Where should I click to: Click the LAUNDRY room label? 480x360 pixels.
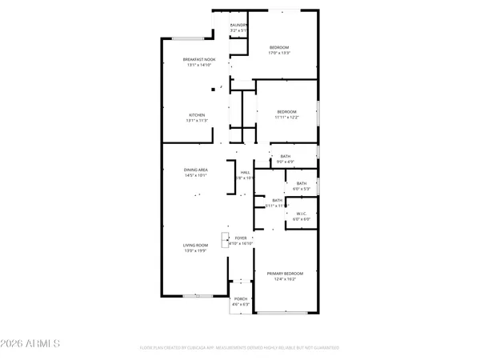coord(238,26)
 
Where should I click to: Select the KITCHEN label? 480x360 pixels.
coord(196,114)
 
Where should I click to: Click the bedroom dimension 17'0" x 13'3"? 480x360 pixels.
coord(279,54)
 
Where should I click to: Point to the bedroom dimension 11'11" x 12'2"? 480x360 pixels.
coord(287,117)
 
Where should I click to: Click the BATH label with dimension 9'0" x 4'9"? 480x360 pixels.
coord(286,156)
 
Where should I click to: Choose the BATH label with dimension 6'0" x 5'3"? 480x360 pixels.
coord(301,183)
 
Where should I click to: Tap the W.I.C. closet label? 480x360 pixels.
coord(302,213)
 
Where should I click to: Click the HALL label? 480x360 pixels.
coord(246,172)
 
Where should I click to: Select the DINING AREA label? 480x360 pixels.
coord(196,169)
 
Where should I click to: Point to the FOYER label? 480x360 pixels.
coord(241,238)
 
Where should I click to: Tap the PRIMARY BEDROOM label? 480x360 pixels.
coord(286,274)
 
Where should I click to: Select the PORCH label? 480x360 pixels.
coord(241,298)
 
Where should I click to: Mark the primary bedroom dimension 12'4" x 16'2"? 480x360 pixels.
coord(286,279)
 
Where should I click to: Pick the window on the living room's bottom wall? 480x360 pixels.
coord(197,297)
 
